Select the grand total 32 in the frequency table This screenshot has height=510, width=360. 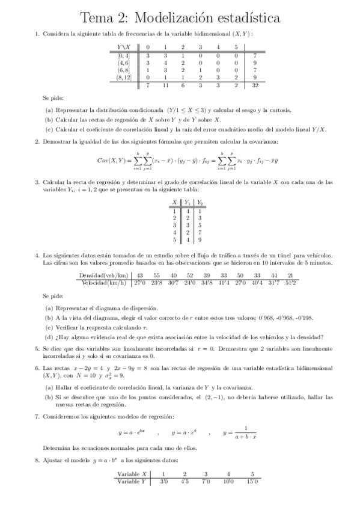[x=255, y=86]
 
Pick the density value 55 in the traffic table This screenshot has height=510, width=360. [x=157, y=275]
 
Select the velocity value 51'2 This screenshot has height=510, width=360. [x=290, y=282]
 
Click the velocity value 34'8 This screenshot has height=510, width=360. [x=207, y=282]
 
